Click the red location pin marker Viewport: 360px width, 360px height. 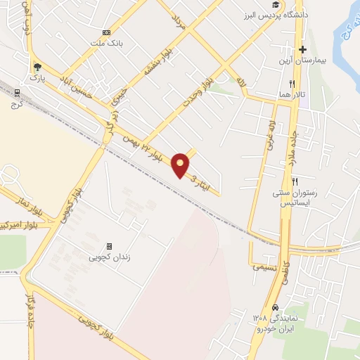point(181,165)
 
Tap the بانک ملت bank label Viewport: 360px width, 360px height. point(106,42)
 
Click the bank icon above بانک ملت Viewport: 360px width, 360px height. point(106,32)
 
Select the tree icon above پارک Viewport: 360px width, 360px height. point(37,67)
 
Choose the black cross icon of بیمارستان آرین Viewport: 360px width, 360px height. point(303,49)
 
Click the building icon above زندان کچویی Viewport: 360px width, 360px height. point(109,246)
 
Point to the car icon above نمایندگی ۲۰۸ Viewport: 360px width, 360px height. point(276,307)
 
